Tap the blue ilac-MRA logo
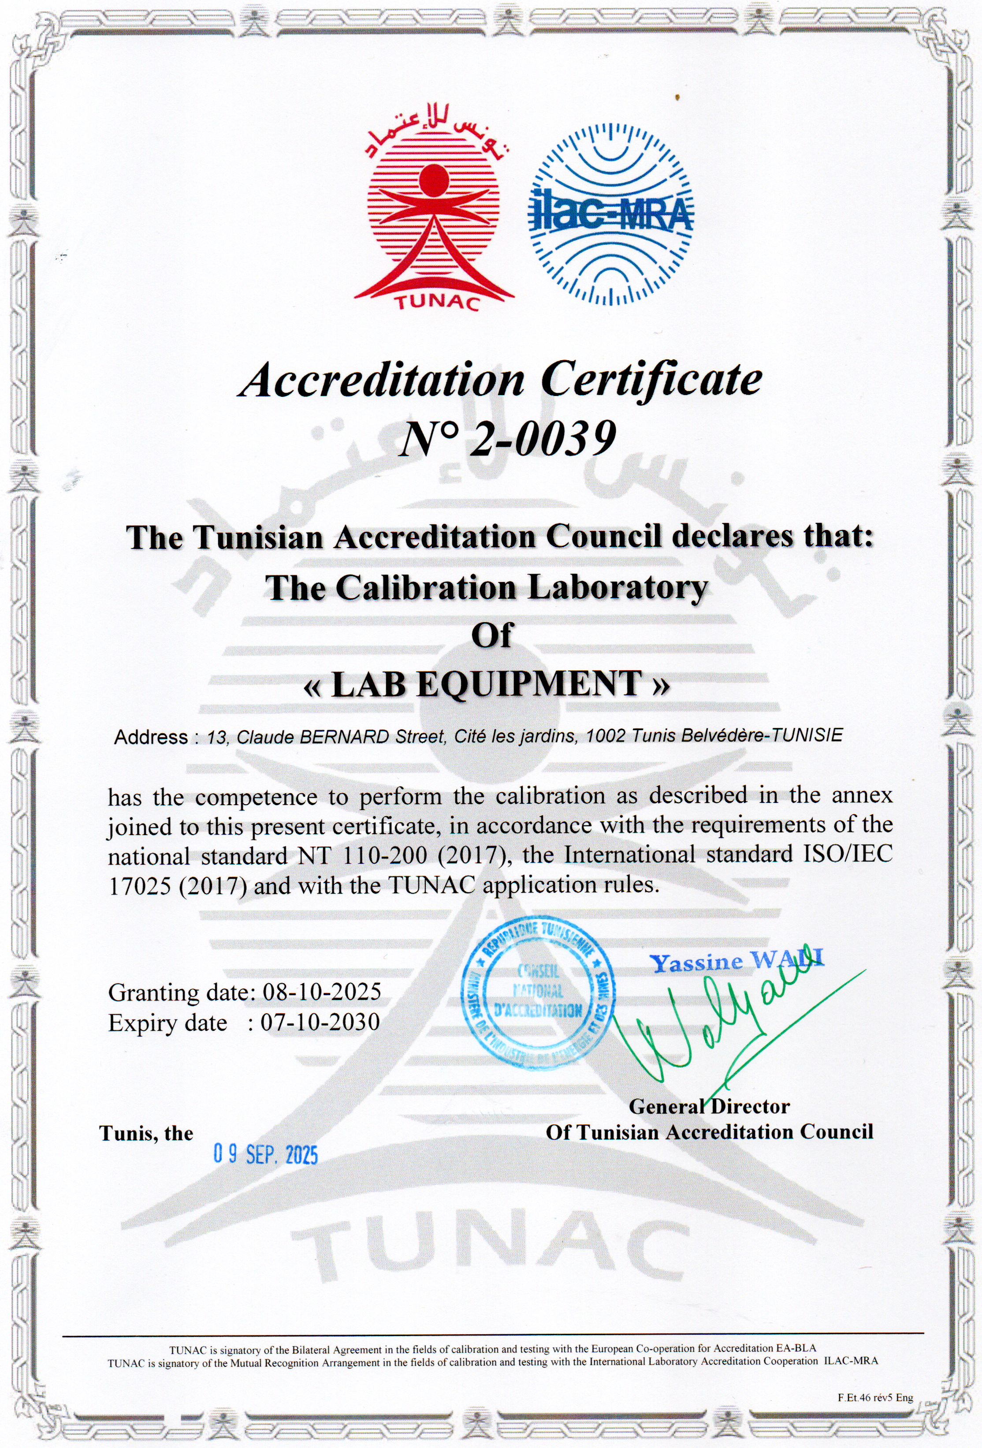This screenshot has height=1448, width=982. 610,215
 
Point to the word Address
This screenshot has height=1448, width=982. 151,738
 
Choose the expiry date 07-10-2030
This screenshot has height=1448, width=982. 320,1023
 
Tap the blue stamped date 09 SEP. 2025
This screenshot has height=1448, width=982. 266,1155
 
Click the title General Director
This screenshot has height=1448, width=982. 709,1107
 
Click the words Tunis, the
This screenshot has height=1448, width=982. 146,1133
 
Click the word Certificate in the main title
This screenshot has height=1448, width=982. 651,380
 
